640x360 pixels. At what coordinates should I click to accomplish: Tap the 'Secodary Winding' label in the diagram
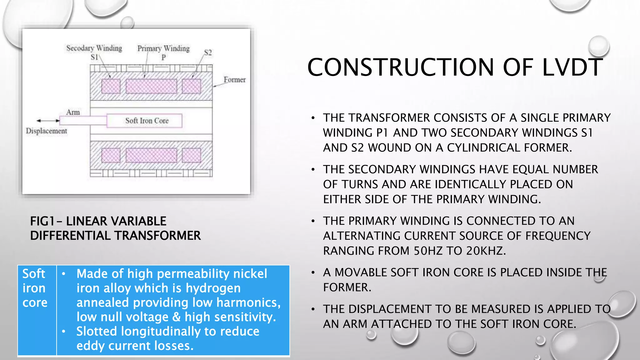point(94,48)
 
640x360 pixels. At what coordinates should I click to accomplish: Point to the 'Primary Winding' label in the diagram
point(163,48)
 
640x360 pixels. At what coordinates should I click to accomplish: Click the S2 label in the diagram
point(208,52)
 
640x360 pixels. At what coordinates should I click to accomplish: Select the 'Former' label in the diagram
point(234,80)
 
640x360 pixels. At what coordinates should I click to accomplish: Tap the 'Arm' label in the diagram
point(73,112)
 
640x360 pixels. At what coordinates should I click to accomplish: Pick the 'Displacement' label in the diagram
point(46,131)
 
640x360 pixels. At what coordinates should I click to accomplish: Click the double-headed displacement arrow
point(48,121)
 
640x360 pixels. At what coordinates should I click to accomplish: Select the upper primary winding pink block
point(151,86)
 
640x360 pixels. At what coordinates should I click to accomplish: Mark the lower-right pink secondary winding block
point(191,155)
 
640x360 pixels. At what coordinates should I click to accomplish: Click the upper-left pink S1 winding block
point(111,86)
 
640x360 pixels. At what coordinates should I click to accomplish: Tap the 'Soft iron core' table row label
point(34,288)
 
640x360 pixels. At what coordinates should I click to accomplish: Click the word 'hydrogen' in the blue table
point(213,288)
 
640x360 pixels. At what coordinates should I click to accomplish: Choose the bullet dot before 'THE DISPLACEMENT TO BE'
point(313,309)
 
